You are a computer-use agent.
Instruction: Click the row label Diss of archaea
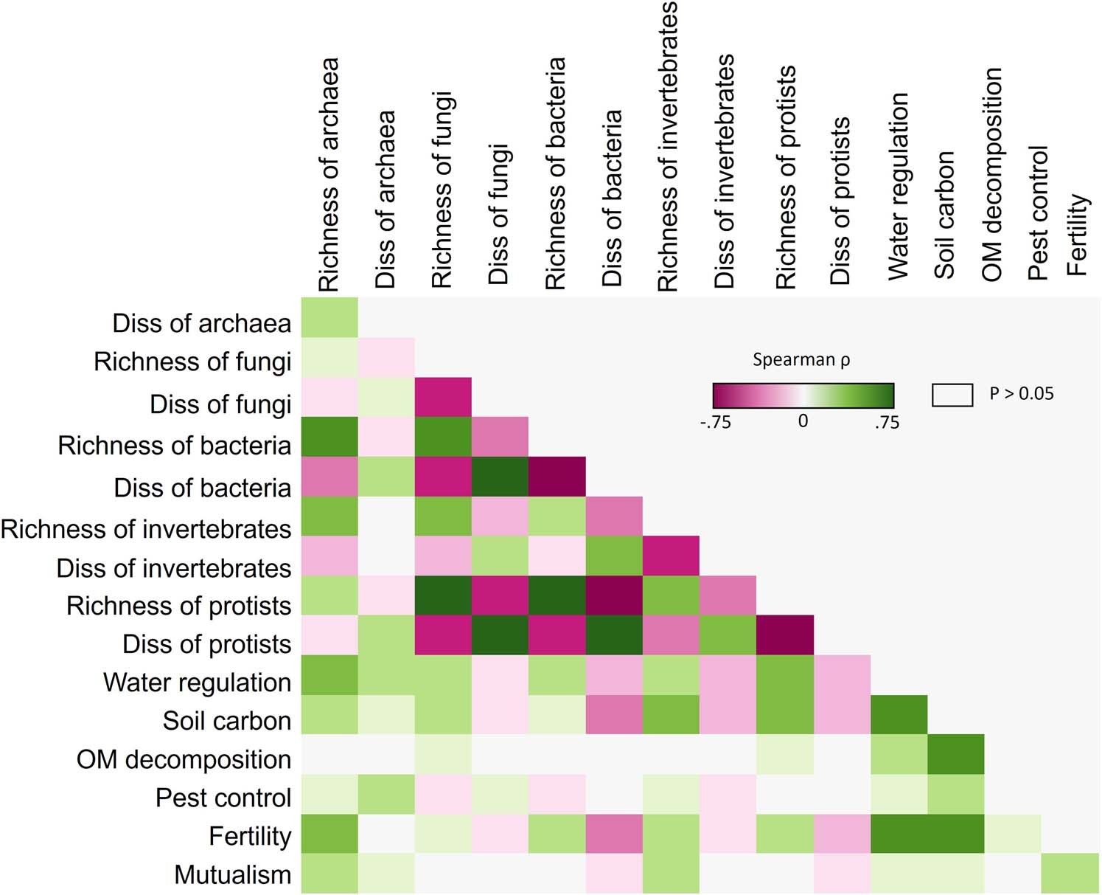click(x=201, y=323)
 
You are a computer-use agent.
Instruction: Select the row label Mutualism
click(x=232, y=874)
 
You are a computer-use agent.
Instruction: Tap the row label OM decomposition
click(x=184, y=759)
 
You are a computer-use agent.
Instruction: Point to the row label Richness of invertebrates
click(x=146, y=529)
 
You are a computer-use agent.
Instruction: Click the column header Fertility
click(x=1077, y=235)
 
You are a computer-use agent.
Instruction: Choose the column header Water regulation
click(x=899, y=187)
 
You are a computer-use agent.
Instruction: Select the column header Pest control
click(x=1038, y=213)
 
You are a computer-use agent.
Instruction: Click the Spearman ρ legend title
click(x=801, y=360)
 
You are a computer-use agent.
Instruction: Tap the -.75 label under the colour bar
click(x=715, y=423)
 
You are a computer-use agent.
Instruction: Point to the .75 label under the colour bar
click(x=887, y=423)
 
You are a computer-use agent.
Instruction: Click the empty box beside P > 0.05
click(x=952, y=395)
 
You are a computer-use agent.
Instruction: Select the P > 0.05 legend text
click(x=1022, y=394)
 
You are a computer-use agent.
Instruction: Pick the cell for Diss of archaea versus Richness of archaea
click(x=329, y=317)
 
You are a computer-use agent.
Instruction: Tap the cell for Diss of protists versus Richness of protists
click(x=785, y=635)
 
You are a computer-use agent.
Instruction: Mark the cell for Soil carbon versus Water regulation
click(x=899, y=714)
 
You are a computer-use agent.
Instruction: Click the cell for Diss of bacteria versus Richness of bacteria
click(x=557, y=477)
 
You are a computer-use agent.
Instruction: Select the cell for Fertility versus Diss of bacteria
click(x=614, y=834)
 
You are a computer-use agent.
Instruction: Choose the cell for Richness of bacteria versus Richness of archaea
click(x=329, y=437)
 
